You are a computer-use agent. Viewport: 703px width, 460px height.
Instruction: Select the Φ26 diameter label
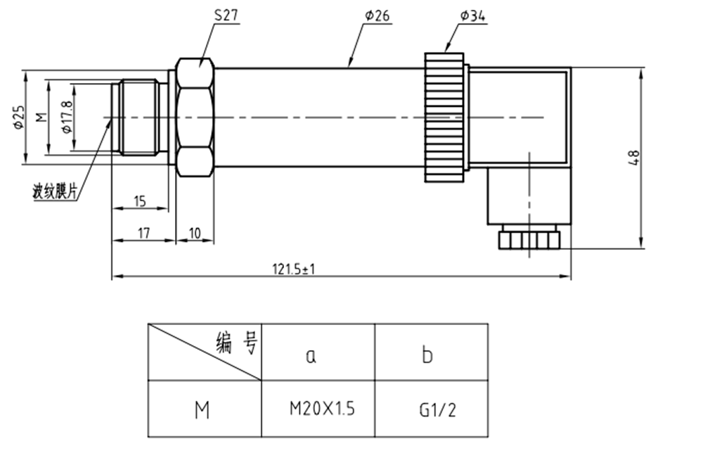(378, 15)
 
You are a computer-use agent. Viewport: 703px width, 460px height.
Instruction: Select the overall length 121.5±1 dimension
(293, 269)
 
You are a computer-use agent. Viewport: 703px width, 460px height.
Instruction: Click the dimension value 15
(139, 202)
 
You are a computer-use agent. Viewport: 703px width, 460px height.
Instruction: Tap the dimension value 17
(143, 233)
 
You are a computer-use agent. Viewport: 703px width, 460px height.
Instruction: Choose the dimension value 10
(195, 233)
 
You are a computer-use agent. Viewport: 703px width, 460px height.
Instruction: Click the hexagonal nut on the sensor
(195, 117)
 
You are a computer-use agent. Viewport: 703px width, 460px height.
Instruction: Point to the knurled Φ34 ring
(444, 117)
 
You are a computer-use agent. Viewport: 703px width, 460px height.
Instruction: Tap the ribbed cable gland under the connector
(528, 240)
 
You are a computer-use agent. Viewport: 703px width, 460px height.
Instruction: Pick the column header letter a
(311, 355)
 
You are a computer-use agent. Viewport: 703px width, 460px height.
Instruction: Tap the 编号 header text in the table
(238, 344)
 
